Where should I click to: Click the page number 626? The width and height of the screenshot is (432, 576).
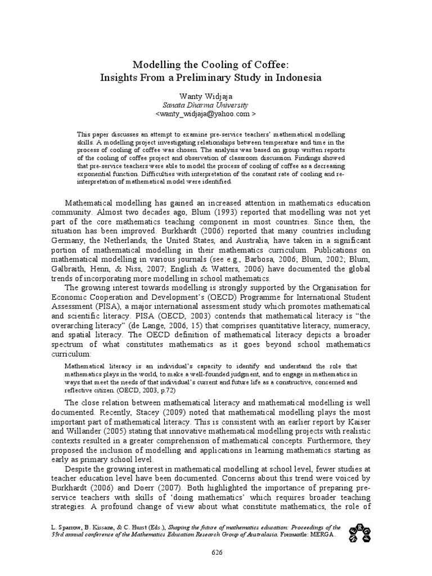pos(216,553)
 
